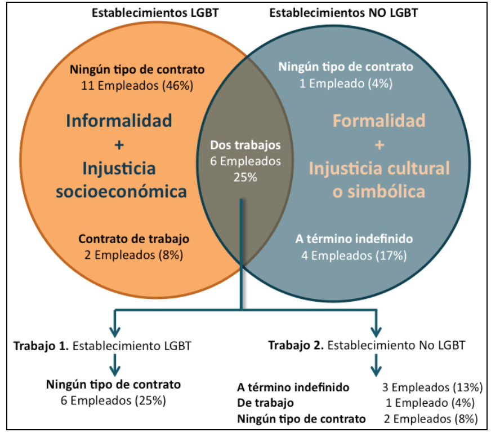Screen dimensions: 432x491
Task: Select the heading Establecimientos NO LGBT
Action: pos(343,12)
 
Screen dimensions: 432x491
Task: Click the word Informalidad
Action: pos(119,121)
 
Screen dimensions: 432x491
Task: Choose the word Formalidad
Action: pos(379,121)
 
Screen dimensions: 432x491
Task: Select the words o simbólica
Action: pos(378,192)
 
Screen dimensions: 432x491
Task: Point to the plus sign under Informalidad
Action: pos(119,145)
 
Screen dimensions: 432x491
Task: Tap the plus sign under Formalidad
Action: pos(379,145)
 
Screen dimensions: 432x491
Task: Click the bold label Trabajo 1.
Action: pos(41,346)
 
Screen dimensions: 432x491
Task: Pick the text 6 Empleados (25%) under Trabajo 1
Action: pos(113,401)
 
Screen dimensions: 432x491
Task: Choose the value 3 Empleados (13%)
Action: pos(432,387)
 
